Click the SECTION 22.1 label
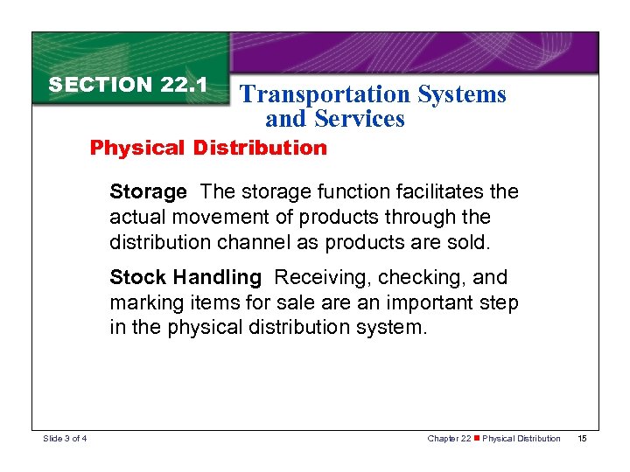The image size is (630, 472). click(128, 85)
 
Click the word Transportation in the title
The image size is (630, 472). click(323, 94)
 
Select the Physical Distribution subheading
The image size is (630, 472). click(208, 147)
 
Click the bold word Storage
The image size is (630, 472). click(148, 191)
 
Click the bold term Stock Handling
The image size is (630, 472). click(185, 278)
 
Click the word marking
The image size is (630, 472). click(140, 303)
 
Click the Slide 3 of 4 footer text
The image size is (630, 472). click(64, 438)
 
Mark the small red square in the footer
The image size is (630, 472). click(476, 438)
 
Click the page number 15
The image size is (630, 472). click(583, 438)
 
